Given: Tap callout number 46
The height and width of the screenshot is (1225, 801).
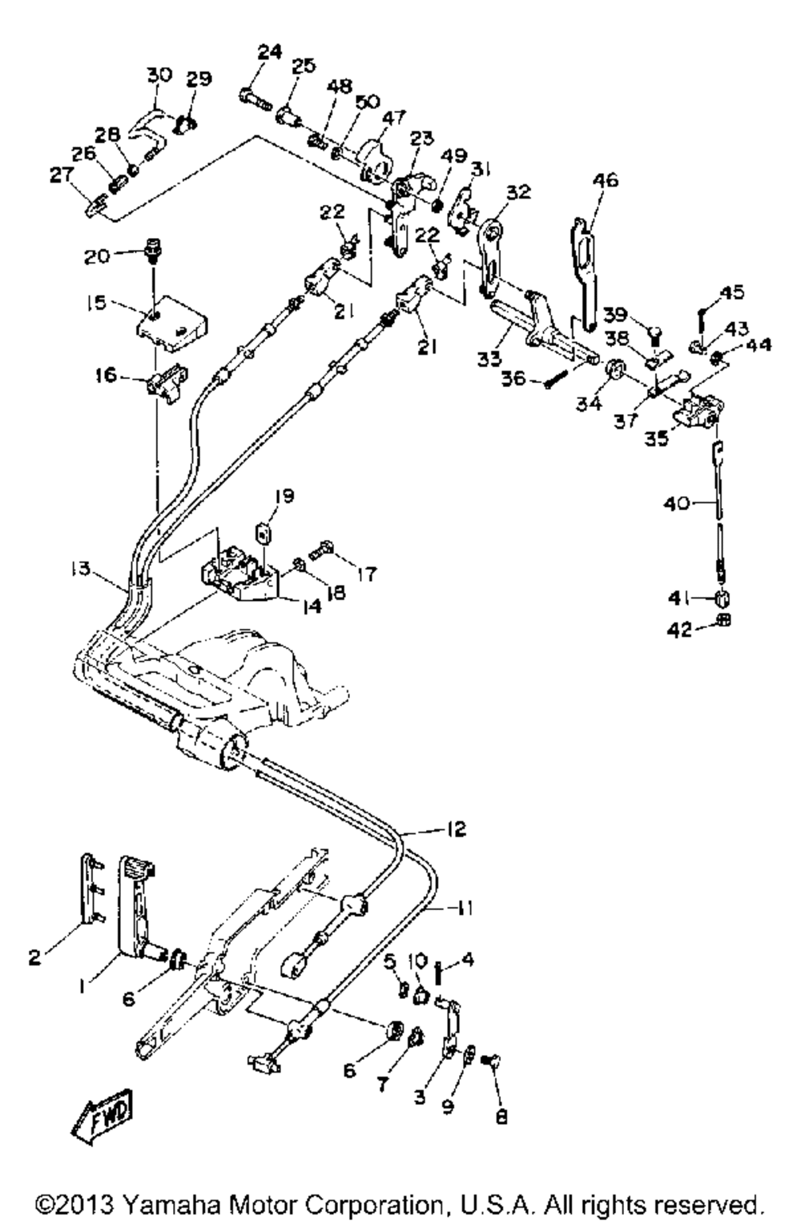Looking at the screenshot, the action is [605, 180].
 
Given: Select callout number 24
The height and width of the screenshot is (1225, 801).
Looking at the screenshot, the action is [270, 52].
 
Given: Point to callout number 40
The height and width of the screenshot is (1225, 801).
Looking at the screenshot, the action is [677, 502].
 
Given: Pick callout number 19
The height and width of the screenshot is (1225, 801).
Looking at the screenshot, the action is [284, 496].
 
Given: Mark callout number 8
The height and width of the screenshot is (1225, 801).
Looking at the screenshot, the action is [501, 1115].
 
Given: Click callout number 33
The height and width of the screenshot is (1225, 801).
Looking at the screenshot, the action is [489, 358].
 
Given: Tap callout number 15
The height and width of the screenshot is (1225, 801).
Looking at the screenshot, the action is [96, 302].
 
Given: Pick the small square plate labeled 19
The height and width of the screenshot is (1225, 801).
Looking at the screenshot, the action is [264, 532].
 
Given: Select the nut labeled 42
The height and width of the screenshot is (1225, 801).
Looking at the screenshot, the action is [723, 620].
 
